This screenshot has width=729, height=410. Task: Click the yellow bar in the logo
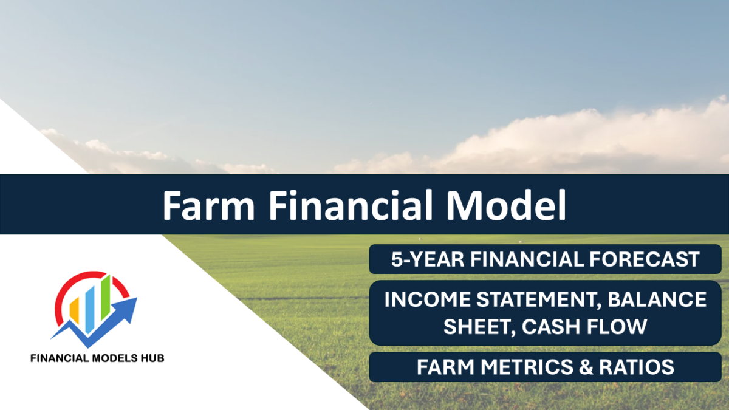coord(75,310)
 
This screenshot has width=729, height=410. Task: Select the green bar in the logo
coord(106,295)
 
